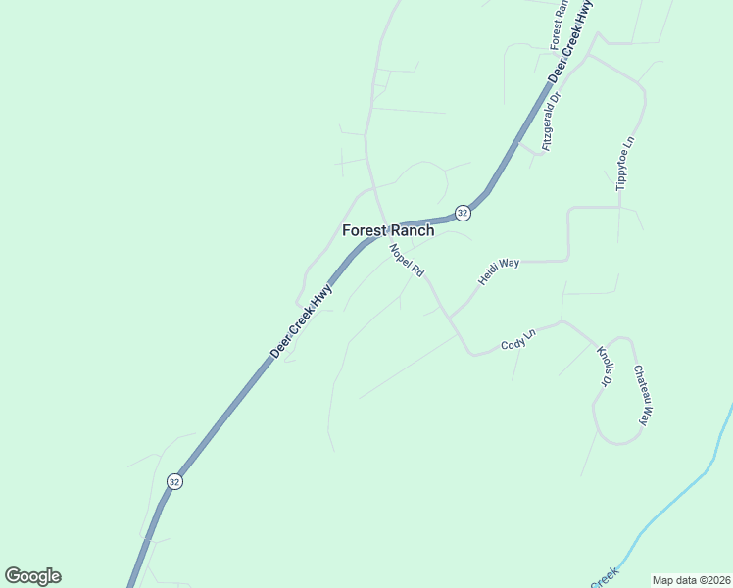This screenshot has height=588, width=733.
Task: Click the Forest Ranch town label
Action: pos(387,230)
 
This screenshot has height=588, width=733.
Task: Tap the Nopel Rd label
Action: pos(406,261)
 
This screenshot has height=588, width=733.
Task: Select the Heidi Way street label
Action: pos(498,271)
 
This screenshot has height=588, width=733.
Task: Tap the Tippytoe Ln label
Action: pos(625,163)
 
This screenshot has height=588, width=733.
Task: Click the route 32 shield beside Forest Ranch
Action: pos(463,212)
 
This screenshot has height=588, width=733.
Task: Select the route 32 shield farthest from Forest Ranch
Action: pos(174,481)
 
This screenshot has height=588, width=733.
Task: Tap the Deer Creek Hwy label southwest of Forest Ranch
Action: pos(302,320)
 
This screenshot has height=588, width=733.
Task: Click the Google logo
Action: pos(32,576)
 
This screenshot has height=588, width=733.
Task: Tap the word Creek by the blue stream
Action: pos(605,578)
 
